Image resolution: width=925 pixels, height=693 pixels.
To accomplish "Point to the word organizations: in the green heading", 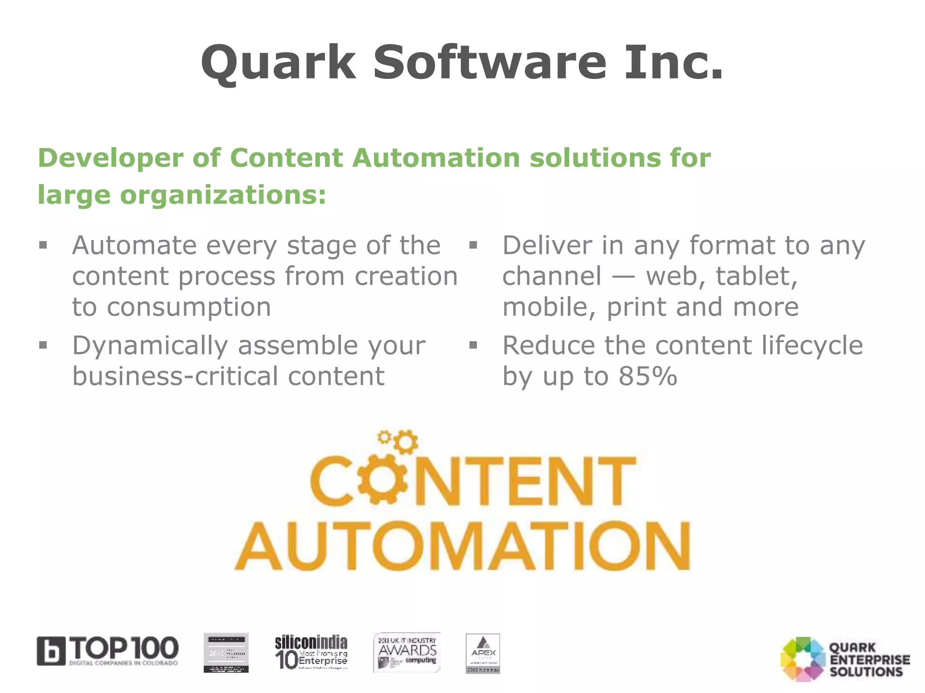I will pos(223,195).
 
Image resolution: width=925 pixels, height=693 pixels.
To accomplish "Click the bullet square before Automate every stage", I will pos(43,245).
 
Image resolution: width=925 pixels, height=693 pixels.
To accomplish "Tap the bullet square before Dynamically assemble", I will pos(43,346).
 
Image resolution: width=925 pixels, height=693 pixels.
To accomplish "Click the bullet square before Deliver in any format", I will pos(473,245).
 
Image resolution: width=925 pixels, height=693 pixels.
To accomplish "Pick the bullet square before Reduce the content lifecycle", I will pos(473,346).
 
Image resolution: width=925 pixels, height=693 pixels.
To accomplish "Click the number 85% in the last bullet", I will pos(648,376).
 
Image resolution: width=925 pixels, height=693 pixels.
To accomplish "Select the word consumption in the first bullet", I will pos(189,308).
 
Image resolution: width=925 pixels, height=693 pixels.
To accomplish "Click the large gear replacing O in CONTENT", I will pos(382,481).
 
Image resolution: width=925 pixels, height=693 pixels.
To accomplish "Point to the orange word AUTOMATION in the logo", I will pos(462,547).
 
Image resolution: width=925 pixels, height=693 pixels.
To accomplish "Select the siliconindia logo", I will pos(311,652).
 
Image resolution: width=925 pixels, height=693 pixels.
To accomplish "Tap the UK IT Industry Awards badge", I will pos(407,652).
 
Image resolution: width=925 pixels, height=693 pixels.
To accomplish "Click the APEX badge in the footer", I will pos(483,653).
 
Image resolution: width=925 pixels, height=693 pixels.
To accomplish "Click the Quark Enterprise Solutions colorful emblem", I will pos(803,659).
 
